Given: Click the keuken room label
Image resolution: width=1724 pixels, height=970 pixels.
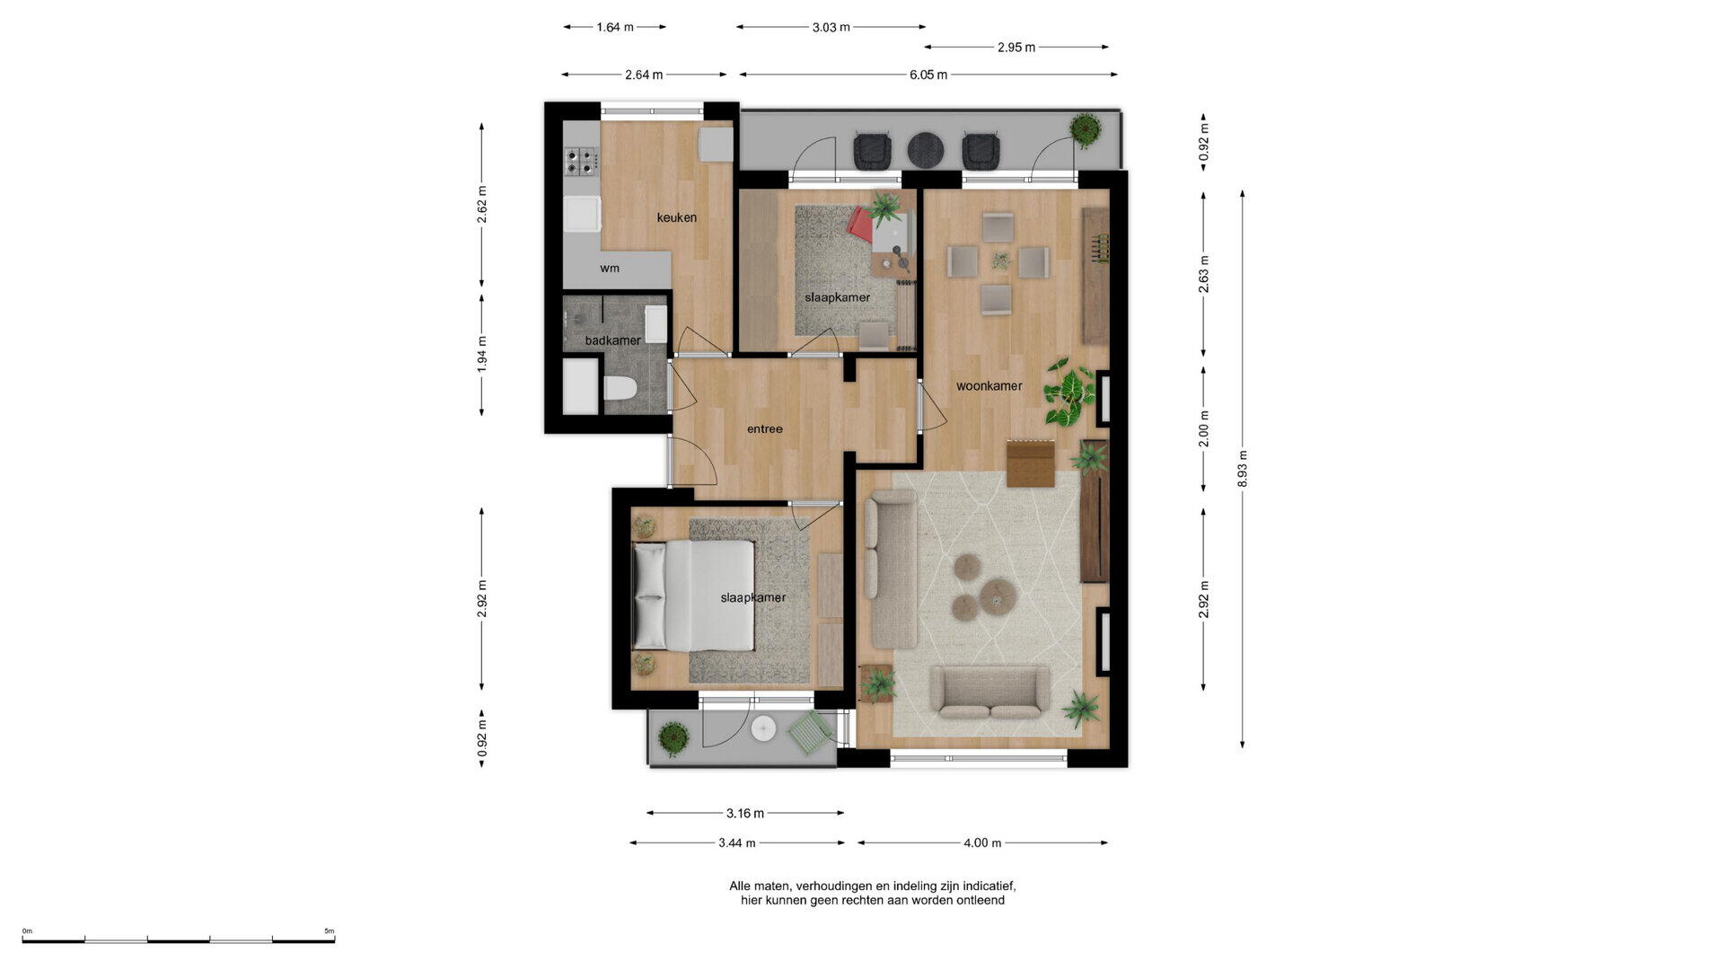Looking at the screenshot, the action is tap(676, 217).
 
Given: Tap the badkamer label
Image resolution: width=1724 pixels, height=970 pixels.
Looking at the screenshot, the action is tap(612, 340).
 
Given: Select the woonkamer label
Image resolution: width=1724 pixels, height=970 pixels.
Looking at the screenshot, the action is tap(989, 386).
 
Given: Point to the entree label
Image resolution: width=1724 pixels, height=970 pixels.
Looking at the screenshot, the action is tap(765, 429).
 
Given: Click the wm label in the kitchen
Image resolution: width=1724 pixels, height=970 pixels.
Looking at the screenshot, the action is tap(610, 268).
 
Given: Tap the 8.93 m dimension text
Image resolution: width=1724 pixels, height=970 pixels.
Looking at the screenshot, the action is tap(1243, 469).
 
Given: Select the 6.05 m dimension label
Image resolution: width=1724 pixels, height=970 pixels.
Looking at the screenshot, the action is tap(928, 75).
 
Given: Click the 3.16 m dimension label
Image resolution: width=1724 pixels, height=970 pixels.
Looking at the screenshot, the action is tap(745, 814).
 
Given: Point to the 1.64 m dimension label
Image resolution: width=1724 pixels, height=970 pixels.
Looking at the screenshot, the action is tap(615, 27).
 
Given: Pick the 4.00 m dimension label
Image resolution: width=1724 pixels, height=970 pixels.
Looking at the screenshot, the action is tap(982, 843).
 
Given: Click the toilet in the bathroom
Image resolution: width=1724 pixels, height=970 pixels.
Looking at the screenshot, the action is tap(620, 389).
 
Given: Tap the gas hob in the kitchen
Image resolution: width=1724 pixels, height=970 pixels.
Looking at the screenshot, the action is tap(580, 162).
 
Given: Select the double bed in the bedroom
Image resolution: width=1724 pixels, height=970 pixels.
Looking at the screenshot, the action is tap(693, 595).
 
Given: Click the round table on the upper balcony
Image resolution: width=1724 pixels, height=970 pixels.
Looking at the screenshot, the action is tap(925, 150).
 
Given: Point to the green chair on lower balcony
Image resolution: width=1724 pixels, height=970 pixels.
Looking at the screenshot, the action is tap(811, 732).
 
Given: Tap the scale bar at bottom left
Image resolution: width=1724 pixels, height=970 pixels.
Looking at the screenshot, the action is tap(179, 940).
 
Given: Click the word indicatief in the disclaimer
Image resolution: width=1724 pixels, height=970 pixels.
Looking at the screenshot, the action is tap(987, 886).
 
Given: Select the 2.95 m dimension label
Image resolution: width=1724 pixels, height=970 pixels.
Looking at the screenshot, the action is tap(1016, 48).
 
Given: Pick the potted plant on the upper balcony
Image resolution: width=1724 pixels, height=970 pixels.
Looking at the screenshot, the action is tap(1086, 130).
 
